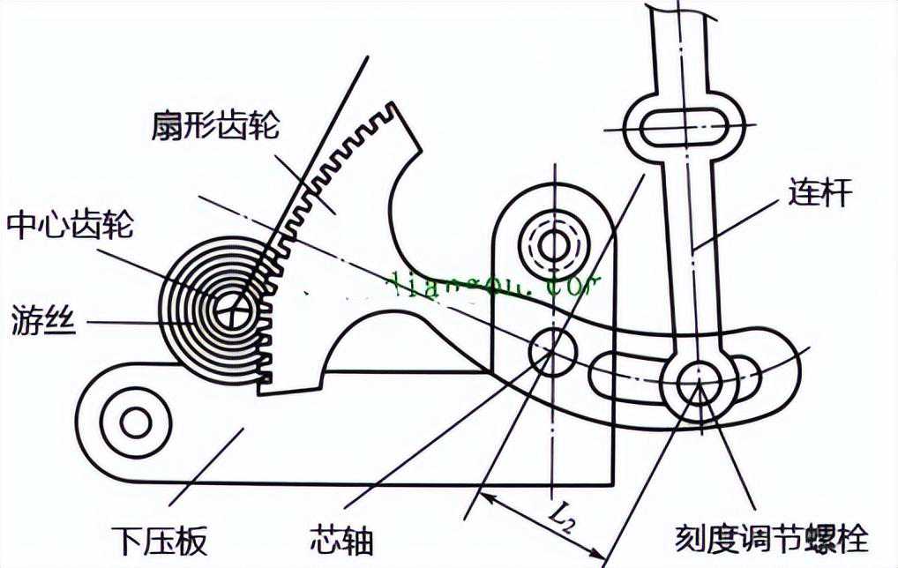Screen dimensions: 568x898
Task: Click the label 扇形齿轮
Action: click(215, 125)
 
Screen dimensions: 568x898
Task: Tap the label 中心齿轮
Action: click(70, 226)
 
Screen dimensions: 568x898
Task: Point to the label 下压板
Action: click(160, 538)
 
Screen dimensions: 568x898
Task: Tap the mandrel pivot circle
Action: click(552, 351)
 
